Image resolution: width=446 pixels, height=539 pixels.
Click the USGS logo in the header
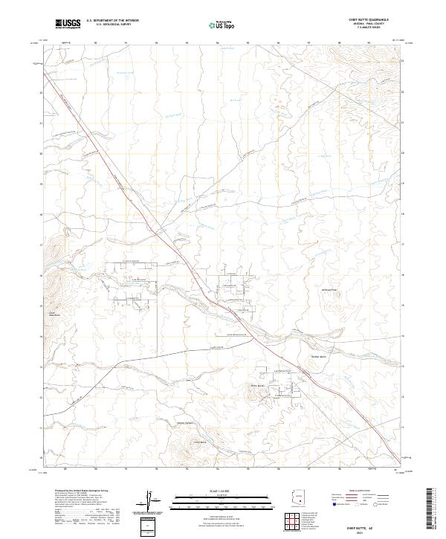(68, 24)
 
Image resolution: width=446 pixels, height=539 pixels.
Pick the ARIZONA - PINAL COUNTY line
(368, 25)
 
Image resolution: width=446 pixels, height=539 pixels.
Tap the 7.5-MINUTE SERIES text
(368, 28)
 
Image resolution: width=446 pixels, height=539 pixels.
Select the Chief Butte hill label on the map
(256, 385)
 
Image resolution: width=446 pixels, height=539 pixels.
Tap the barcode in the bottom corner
(431, 513)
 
